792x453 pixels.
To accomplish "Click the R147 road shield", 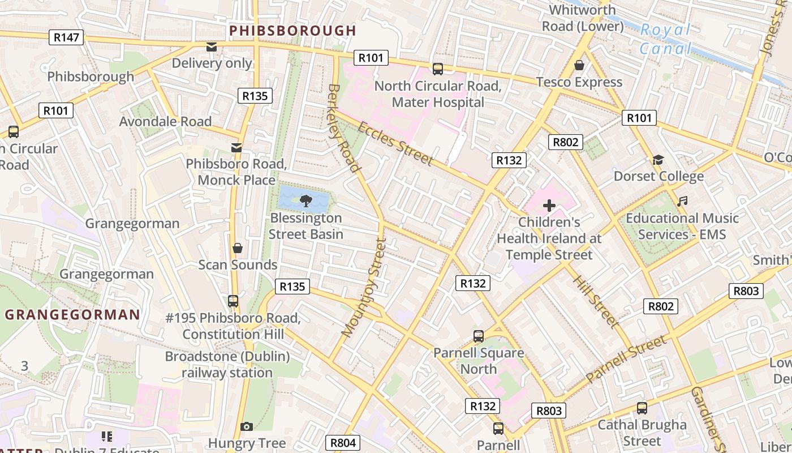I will pos(67,37).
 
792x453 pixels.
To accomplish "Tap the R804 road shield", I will pos(343,443).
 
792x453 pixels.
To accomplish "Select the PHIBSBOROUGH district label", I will pos(292,31).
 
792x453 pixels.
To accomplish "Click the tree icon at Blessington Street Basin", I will pos(305,199).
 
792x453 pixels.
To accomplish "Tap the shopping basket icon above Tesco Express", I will pos(579,65).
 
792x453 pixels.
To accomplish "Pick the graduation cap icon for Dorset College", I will pos(658,160).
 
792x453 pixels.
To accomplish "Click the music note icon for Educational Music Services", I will pos(683,201).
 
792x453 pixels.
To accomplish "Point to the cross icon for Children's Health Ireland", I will pos(549,206).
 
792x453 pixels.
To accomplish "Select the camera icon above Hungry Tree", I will pos(246,426).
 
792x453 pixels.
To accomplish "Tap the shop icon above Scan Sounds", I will pos(238,248).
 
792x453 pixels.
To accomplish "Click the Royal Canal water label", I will pos(666,39).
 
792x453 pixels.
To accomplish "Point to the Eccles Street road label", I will pos(395,143).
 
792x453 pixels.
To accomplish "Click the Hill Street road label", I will pos(596,301).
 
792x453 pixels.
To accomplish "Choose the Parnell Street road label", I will pos(626,359).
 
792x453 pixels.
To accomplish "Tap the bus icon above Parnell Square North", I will pos(478,336).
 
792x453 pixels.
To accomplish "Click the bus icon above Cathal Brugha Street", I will pos(642,408).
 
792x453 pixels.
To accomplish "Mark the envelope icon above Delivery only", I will pos(212,47).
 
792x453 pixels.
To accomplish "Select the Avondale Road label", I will pos(165,122).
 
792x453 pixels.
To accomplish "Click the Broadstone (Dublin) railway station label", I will pos(227,365).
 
